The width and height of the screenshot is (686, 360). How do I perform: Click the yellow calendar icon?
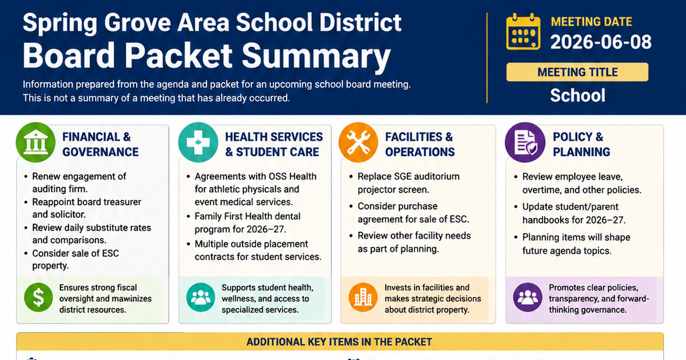(x=523, y=31)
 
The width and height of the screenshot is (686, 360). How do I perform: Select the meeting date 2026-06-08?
(x=601, y=42)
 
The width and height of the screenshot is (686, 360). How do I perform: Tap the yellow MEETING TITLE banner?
(x=577, y=72)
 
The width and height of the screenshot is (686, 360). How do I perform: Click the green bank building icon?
(x=35, y=142)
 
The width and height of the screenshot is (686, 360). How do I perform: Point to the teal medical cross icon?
(x=198, y=142)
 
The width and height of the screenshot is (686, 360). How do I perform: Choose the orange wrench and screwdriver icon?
(x=358, y=142)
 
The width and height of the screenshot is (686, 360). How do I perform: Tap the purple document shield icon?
(x=525, y=142)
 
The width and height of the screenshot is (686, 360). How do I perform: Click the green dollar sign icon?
(x=38, y=297)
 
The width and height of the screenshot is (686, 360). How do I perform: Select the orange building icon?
(x=363, y=297)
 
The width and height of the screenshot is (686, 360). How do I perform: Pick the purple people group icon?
(x=528, y=297)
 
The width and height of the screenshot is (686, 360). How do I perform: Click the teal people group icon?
(x=201, y=297)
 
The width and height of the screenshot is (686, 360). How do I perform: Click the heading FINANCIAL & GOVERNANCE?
(x=101, y=145)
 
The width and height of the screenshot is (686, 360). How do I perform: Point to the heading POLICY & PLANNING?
(x=581, y=145)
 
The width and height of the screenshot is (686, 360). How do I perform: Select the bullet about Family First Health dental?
(x=244, y=223)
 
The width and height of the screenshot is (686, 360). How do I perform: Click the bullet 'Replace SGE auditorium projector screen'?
(x=405, y=183)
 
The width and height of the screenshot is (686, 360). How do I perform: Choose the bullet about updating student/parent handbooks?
(x=570, y=213)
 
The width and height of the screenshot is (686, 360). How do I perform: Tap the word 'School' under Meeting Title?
(x=577, y=95)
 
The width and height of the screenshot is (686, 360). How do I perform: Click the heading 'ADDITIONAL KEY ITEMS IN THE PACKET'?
(x=340, y=342)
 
